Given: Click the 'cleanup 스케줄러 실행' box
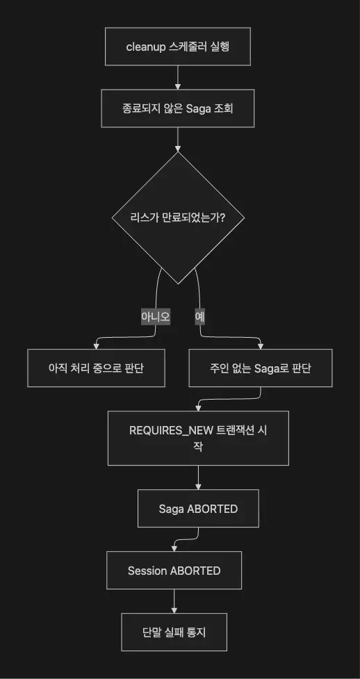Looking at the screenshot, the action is [x=178, y=47].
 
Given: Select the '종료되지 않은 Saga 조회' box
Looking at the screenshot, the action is [x=178, y=108].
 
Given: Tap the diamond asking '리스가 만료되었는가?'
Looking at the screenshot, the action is [x=178, y=218].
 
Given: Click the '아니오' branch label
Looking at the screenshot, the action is [x=156, y=317].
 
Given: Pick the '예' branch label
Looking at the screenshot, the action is [x=199, y=317].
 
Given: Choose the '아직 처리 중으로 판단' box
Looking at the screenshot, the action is [x=96, y=368].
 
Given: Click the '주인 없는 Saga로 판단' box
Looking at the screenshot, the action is [x=261, y=368].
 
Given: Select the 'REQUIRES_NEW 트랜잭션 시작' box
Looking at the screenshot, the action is [x=198, y=439].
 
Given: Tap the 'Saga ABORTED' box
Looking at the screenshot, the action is [x=198, y=509].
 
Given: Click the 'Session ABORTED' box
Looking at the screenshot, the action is [x=174, y=571].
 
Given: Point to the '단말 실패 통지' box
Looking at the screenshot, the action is [x=174, y=632].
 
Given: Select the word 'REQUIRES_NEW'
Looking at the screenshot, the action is [x=171, y=431].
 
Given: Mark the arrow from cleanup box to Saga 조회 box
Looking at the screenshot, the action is [x=178, y=78].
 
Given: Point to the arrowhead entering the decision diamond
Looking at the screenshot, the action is [x=178, y=148].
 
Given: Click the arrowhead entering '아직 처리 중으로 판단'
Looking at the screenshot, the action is [x=96, y=346].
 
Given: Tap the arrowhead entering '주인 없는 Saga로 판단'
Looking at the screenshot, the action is [x=261, y=346].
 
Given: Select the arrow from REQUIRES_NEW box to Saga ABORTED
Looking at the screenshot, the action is [x=198, y=477].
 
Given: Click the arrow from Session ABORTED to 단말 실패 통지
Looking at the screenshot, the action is [x=174, y=601].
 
